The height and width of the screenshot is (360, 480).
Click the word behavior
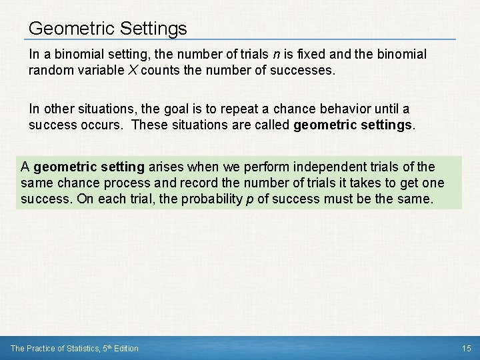point(341,109)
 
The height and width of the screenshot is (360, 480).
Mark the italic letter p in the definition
point(250,199)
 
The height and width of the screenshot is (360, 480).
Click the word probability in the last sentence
point(211,199)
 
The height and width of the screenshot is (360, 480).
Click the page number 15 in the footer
point(465,348)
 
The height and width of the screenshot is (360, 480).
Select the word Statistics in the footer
point(79,348)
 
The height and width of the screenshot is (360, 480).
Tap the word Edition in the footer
point(126,348)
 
